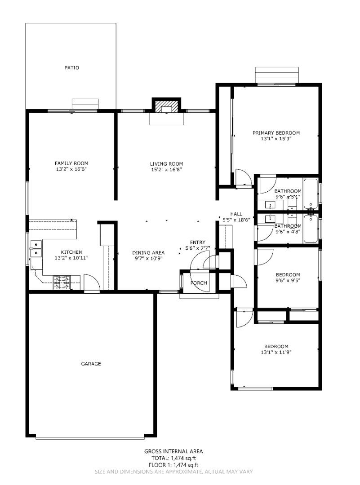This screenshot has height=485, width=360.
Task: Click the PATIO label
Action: pyautogui.click(x=71, y=68)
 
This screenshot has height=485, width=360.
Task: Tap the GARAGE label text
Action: pyautogui.click(x=91, y=364)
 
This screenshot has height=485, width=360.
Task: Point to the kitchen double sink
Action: pyautogui.click(x=36, y=249)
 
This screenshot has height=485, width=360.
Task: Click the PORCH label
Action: pyautogui.click(x=199, y=283)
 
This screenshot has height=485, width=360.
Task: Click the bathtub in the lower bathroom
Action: pyautogui.click(x=311, y=229)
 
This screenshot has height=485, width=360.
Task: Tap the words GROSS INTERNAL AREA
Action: pyautogui.click(x=173, y=451)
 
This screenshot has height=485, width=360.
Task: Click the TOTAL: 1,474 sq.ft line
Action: pyautogui.click(x=173, y=458)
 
